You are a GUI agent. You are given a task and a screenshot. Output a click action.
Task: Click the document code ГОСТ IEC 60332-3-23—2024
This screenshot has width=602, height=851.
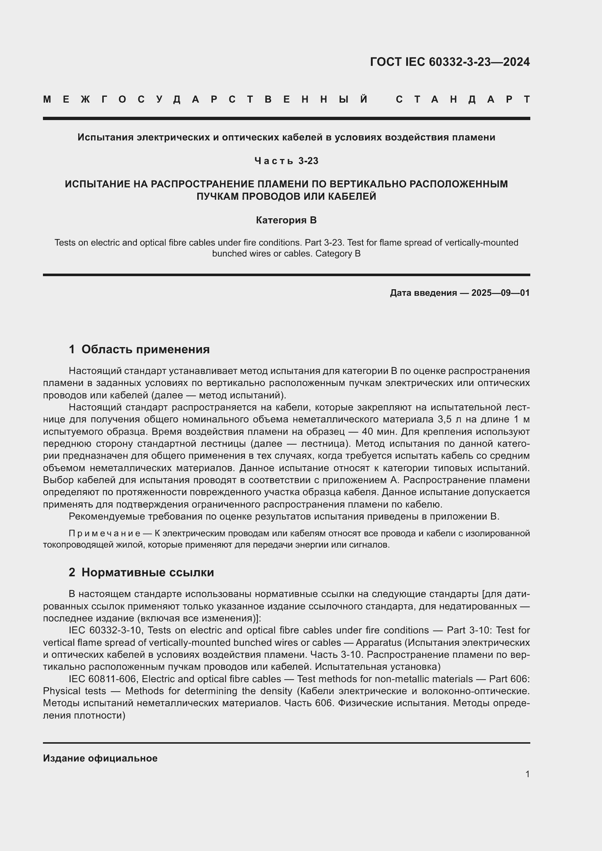449,62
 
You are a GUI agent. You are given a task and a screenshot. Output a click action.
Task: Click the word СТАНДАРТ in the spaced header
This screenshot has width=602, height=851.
463,99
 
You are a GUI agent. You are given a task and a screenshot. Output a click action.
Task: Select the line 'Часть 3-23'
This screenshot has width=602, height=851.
286,161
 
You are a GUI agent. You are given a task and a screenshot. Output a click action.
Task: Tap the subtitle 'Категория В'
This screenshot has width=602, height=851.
286,220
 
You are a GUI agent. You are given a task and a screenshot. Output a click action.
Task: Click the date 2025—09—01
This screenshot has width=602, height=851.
500,293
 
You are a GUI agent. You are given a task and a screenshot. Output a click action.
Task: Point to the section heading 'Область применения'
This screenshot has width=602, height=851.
145,349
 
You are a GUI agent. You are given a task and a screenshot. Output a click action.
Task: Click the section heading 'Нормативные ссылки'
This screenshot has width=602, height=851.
147,572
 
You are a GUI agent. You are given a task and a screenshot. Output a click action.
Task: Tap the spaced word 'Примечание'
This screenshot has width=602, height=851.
104,533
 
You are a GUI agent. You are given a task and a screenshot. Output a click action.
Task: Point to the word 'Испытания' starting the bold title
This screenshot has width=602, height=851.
106,138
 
